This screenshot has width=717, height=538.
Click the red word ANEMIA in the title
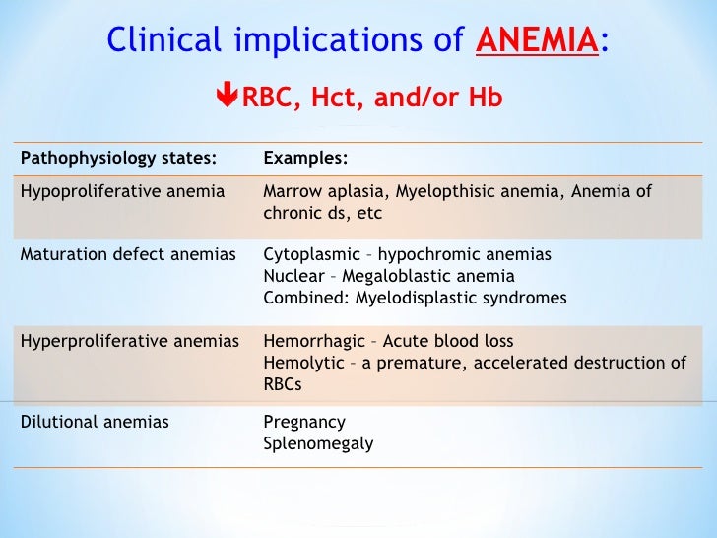[x=537, y=40]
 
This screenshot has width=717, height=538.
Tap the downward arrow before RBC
[x=226, y=98]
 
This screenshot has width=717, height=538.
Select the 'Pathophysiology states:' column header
[x=118, y=157]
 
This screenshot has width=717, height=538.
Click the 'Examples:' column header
[x=305, y=157]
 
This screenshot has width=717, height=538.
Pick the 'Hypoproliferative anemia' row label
[x=122, y=191]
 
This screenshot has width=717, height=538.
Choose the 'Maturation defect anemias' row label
[x=128, y=254]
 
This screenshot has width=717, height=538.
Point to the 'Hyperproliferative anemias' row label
[x=130, y=341]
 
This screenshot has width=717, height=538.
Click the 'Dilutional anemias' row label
[x=95, y=422]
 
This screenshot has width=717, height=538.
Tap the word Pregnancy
[x=304, y=422]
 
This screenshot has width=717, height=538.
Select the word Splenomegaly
[x=318, y=443]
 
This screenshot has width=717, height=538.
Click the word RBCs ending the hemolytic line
[x=283, y=384]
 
